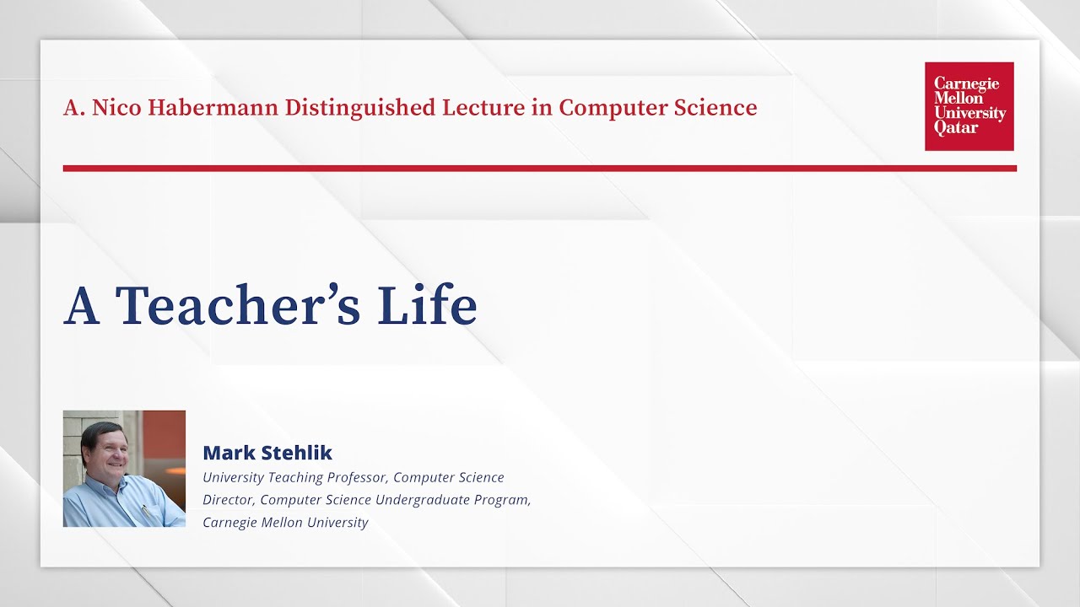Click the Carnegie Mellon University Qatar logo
969,106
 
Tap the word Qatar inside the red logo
956,128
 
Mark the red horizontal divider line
540,169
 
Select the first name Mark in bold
226,453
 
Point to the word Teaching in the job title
297,478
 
